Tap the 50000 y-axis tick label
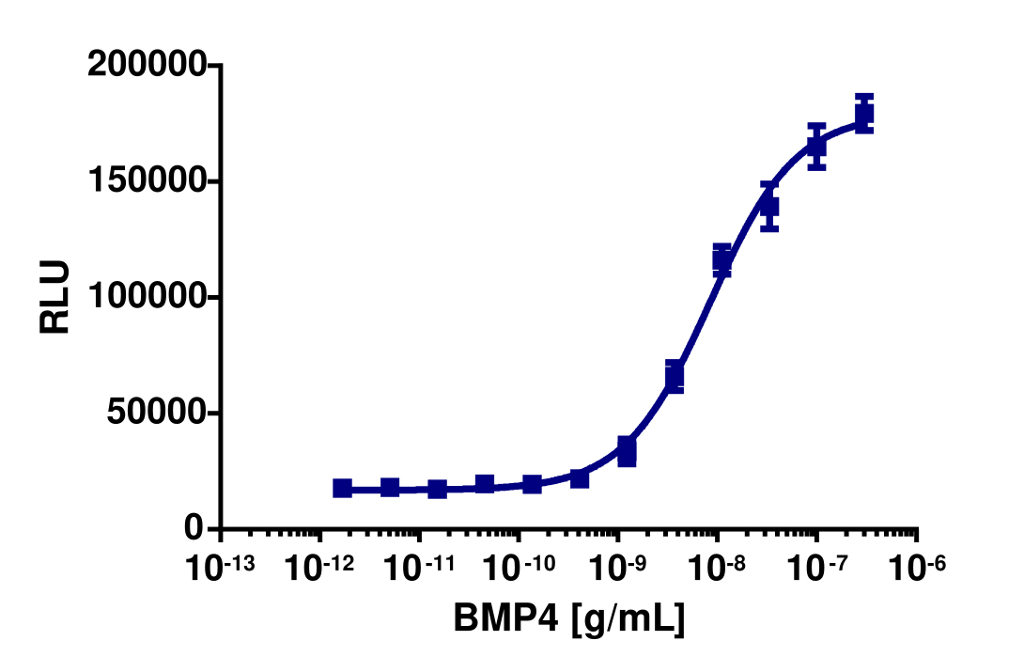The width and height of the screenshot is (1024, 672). tap(155, 414)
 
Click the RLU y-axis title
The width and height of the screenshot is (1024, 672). tap(55, 296)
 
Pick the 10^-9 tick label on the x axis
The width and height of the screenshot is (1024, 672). tap(619, 568)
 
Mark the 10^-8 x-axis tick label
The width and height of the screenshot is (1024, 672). tap(719, 568)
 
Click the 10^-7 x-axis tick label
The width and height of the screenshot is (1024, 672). tap(818, 568)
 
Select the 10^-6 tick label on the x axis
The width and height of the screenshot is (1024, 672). tap(918, 568)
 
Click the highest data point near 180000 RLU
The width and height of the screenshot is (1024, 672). tap(864, 116)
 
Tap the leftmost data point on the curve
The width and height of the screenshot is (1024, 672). tap(343, 488)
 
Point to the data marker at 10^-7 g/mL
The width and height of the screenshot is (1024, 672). tap(816, 147)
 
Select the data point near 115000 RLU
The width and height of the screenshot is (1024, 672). tap(721, 260)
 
